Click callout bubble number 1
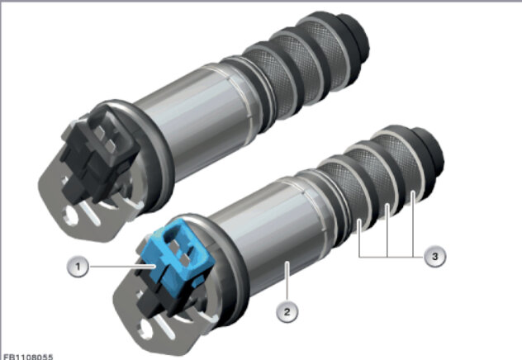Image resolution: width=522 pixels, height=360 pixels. (78, 267)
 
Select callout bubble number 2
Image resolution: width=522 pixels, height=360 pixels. (287, 312)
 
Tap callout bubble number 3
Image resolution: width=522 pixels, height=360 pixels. (434, 257)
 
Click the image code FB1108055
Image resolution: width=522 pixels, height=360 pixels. (26, 357)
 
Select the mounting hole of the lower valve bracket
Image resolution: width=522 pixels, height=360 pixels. (146, 329)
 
